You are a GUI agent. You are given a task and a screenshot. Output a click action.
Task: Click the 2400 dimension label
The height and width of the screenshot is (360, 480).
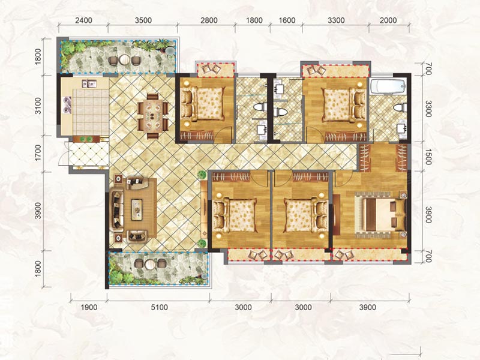click(x=83, y=20)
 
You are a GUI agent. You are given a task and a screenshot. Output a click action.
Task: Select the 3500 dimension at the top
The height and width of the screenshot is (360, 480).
click(x=143, y=20)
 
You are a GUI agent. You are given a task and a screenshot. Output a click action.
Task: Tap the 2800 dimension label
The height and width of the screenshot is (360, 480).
click(x=209, y=20)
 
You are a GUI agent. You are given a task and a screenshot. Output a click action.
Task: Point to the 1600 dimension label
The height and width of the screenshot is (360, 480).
click(x=287, y=20)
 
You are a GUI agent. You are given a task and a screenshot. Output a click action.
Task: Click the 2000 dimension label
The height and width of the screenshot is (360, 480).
click(x=388, y=20)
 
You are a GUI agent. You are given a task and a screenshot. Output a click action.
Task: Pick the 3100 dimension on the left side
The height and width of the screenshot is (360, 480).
click(x=38, y=106)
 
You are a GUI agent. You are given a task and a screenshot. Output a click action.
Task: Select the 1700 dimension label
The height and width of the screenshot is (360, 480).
click(x=38, y=153)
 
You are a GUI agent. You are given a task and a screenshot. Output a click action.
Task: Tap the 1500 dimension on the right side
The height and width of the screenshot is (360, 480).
click(x=428, y=157)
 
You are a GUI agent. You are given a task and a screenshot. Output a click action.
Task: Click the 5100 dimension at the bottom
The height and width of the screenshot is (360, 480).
click(x=159, y=307)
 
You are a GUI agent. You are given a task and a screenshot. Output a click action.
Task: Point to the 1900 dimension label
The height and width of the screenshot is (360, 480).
click(x=89, y=307)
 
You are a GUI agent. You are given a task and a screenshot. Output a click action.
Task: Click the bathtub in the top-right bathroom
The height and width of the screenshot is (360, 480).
click(x=388, y=86)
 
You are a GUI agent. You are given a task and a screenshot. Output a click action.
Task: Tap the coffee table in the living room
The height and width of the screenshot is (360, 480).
click(x=137, y=209)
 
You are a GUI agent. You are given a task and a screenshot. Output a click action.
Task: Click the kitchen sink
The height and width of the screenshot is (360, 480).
click(x=89, y=83)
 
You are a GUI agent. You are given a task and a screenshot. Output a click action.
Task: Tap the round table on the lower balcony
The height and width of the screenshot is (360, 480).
click(x=150, y=264)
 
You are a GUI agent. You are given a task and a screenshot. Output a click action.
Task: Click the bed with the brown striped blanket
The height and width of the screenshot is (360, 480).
click(x=380, y=215)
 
